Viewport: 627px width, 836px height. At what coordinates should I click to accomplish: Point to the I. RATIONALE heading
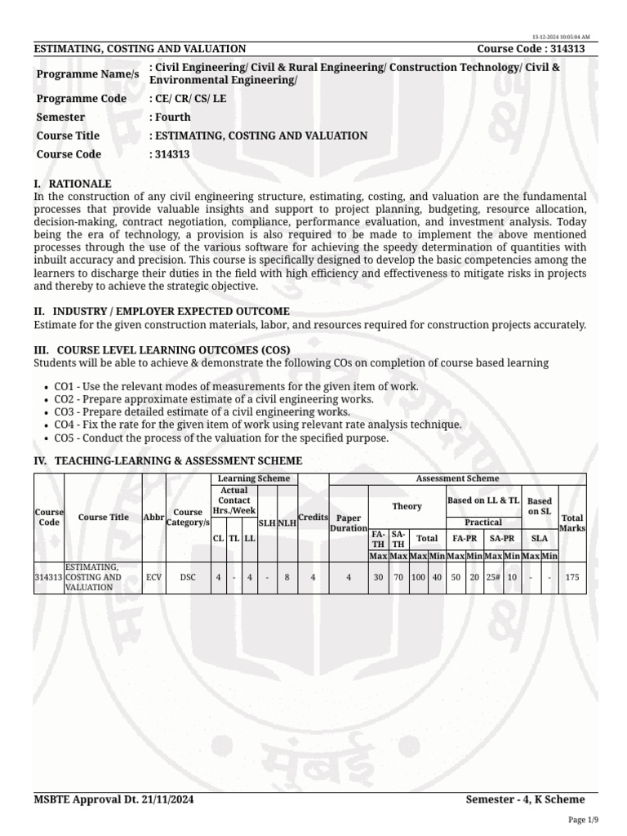pos(73,184)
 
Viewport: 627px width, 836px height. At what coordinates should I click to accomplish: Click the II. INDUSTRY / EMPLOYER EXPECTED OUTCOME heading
pos(161,311)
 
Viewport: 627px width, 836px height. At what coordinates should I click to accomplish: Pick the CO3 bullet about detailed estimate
pos(202,412)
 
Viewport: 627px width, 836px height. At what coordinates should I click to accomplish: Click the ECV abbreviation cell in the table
pos(153,576)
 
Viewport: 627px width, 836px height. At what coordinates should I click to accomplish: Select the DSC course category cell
pos(188,576)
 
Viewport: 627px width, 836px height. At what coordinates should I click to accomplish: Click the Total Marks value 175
pos(572,576)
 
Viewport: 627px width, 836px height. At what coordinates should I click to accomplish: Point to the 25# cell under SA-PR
pos(492,576)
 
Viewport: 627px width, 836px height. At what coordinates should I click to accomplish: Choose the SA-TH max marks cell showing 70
pos(398,576)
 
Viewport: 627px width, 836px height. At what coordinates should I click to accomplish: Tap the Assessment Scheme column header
pos(457,478)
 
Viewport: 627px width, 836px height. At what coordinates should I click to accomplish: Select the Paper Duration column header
pos(349,523)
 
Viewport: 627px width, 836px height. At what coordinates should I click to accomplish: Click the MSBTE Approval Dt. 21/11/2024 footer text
pos(113,799)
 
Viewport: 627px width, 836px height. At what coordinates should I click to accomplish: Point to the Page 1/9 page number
pos(583,820)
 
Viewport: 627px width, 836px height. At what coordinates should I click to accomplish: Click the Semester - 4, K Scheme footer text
pos(525,799)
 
